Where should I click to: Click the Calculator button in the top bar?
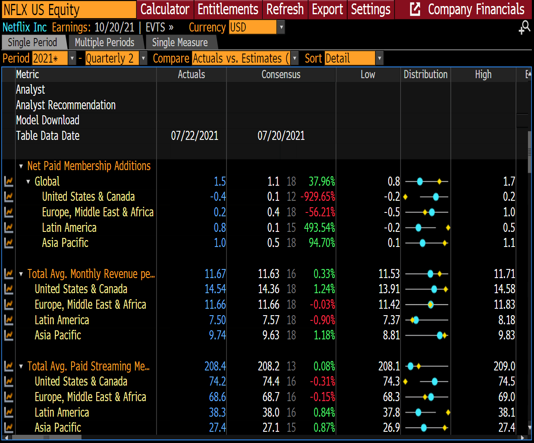(164, 9)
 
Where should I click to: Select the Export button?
(327, 9)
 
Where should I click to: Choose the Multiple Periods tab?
(104, 42)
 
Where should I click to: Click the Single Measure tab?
(180, 42)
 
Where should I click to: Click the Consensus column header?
(281, 74)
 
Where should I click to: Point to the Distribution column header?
(425, 74)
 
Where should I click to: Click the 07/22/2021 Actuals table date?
(195, 136)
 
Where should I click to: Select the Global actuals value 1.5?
(220, 181)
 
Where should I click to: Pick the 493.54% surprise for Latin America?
(319, 228)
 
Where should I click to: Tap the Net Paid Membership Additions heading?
(89, 166)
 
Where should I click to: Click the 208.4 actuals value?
(215, 366)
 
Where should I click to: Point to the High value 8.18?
(506, 320)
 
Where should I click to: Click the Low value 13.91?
(389, 289)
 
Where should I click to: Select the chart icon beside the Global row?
(9, 181)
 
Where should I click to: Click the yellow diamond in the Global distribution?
(440, 181)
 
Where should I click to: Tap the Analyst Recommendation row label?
(66, 105)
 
